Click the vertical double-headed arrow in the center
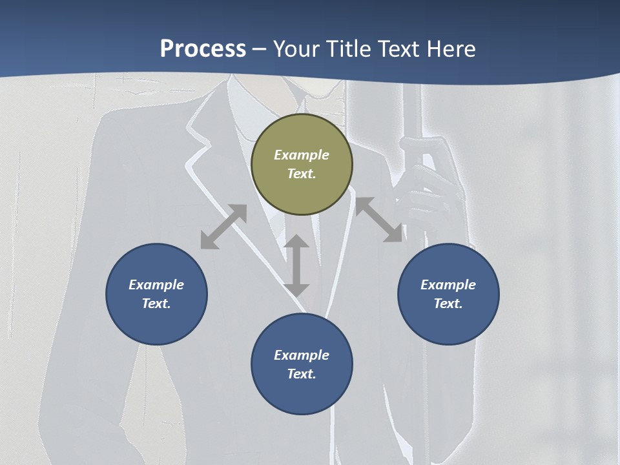(x=296, y=265)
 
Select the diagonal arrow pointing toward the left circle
(x=223, y=227)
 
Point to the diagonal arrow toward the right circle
(x=378, y=220)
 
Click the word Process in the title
(x=203, y=48)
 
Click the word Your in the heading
(x=296, y=48)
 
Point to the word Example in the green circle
(x=302, y=155)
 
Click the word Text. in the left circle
(x=156, y=304)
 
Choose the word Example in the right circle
(x=448, y=285)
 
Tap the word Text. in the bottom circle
(x=302, y=374)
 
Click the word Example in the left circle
(x=156, y=285)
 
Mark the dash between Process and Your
(x=260, y=49)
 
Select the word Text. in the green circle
(x=302, y=174)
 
